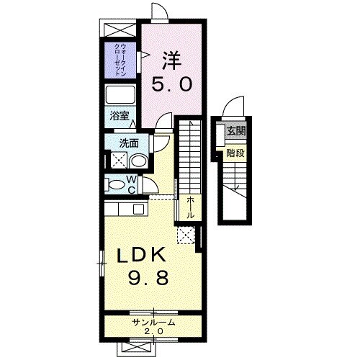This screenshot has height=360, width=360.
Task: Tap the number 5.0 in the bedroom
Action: tap(172, 84)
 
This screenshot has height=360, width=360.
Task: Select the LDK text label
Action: tap(141, 255)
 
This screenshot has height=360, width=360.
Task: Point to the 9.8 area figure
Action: tap(148, 277)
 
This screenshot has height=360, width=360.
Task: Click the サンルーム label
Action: tap(153, 323)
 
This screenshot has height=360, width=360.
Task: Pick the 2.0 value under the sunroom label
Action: tap(153, 331)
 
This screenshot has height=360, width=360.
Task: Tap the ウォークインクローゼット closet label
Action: tap(120, 60)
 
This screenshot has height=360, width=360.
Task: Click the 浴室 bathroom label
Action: tap(120, 116)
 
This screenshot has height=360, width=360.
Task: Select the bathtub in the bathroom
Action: tap(120, 94)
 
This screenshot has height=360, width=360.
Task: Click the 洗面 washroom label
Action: tap(129, 143)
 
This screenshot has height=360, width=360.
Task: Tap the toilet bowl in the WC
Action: tap(117, 185)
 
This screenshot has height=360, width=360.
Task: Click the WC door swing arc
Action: tap(153, 183)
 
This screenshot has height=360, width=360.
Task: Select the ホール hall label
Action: tap(190, 207)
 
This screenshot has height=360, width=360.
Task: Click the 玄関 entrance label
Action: tap(236, 131)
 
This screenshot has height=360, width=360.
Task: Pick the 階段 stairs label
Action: tap(235, 153)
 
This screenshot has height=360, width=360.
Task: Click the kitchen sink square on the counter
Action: tap(138, 209)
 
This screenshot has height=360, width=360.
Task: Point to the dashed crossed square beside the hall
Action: tap(186, 235)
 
